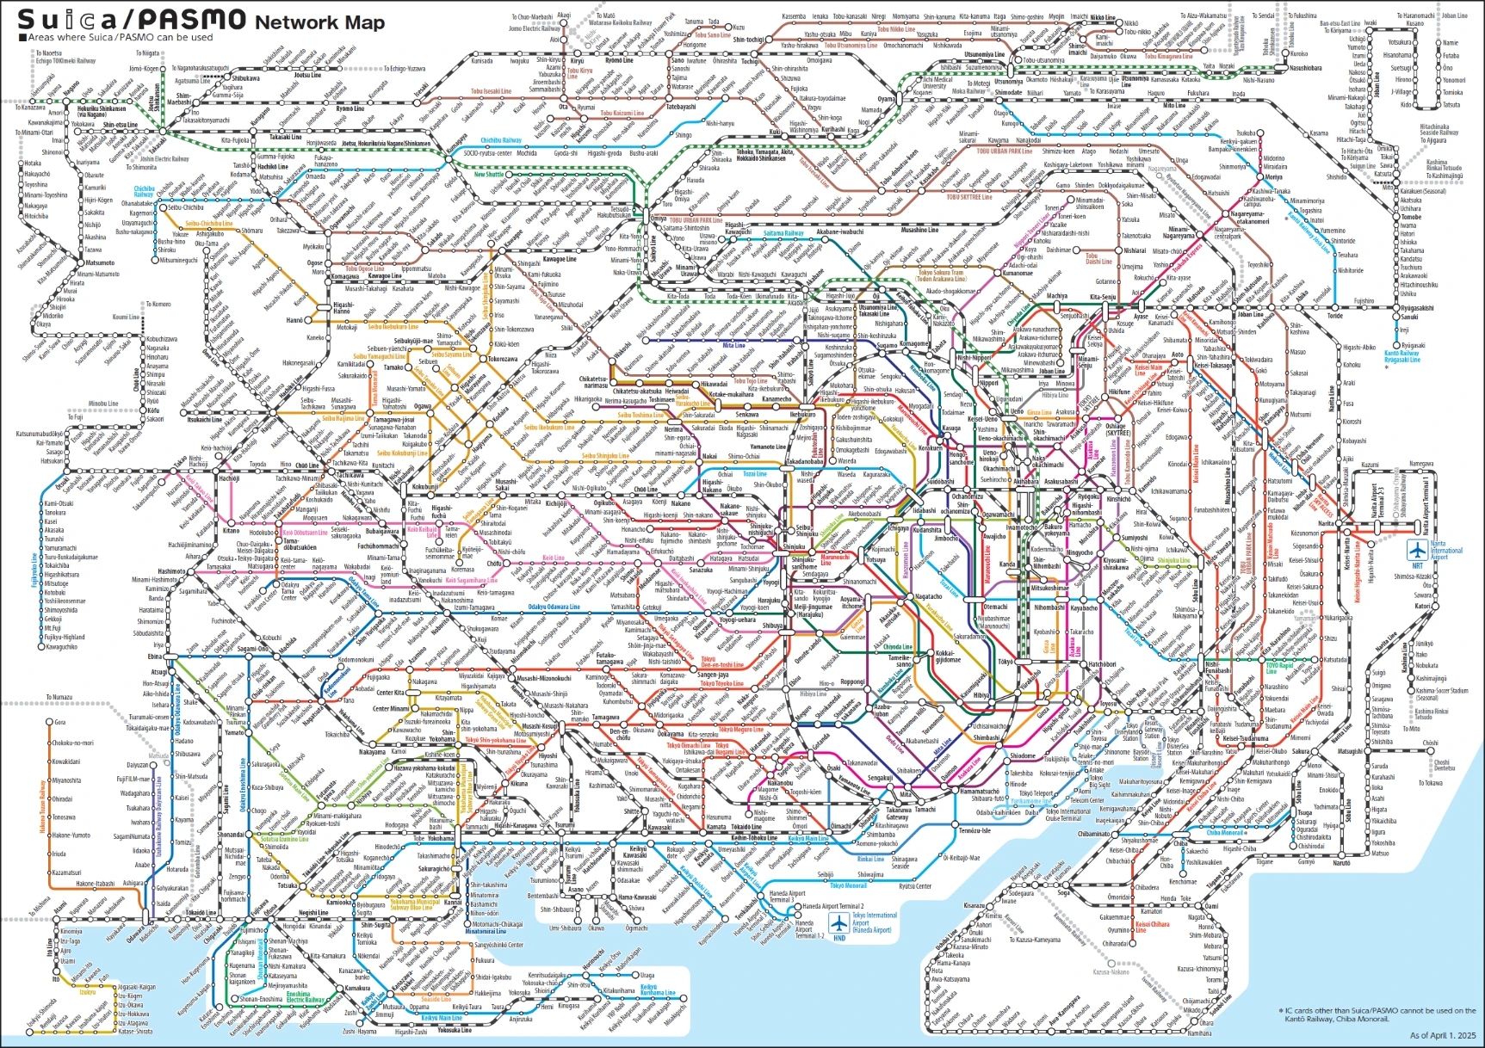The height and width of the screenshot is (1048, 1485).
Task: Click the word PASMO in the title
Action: [x=191, y=19]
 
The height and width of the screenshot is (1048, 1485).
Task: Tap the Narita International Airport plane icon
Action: [x=1416, y=549]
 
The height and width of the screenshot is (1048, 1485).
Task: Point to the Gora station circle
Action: [x=49, y=722]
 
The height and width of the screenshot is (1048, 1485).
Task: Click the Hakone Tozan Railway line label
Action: [x=42, y=805]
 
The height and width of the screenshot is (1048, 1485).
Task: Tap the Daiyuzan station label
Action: [x=137, y=765]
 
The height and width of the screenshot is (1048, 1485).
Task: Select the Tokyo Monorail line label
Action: [x=849, y=885]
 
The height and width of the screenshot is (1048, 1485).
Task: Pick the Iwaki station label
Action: [x=1370, y=23]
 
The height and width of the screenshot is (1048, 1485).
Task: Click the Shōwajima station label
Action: [x=870, y=874]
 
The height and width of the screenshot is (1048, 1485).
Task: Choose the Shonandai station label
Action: [x=231, y=835]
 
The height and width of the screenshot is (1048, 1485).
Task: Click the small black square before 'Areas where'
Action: [x=22, y=38]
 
